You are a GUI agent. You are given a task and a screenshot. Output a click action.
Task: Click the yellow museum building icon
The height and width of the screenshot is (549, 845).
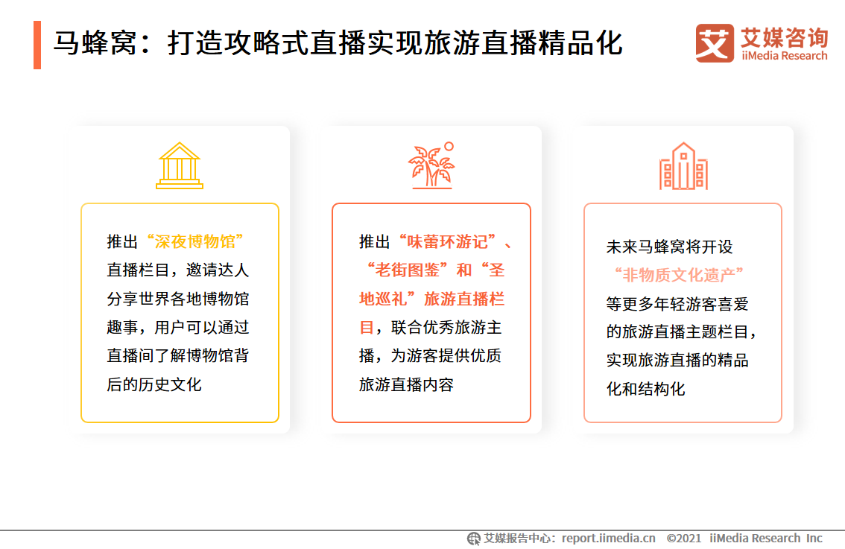[x=180, y=165]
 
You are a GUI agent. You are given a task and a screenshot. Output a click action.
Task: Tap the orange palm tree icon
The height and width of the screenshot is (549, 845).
[x=430, y=168]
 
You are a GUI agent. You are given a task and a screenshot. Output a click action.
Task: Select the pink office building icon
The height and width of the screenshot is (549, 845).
[x=683, y=166]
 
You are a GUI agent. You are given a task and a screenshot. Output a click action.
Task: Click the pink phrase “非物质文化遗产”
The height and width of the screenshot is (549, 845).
[x=680, y=275]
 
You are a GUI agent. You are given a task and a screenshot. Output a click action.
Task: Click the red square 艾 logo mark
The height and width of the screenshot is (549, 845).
[x=715, y=42]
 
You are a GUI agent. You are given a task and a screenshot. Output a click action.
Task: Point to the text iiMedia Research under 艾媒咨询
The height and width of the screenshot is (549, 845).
[x=785, y=56]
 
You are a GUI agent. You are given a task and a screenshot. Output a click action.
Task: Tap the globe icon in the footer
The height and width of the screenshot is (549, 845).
[x=474, y=539]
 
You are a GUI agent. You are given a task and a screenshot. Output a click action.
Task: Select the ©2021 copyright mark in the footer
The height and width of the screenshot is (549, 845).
[x=684, y=539]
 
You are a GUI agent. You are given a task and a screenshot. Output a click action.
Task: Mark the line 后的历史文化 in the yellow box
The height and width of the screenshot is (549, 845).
[x=154, y=384]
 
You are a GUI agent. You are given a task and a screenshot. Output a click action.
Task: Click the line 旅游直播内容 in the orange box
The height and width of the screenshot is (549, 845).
[x=406, y=384]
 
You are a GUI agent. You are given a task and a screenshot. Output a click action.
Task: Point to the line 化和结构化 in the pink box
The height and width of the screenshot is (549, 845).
[x=645, y=389]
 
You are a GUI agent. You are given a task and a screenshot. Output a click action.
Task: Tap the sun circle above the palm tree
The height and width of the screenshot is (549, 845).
[x=449, y=147]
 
